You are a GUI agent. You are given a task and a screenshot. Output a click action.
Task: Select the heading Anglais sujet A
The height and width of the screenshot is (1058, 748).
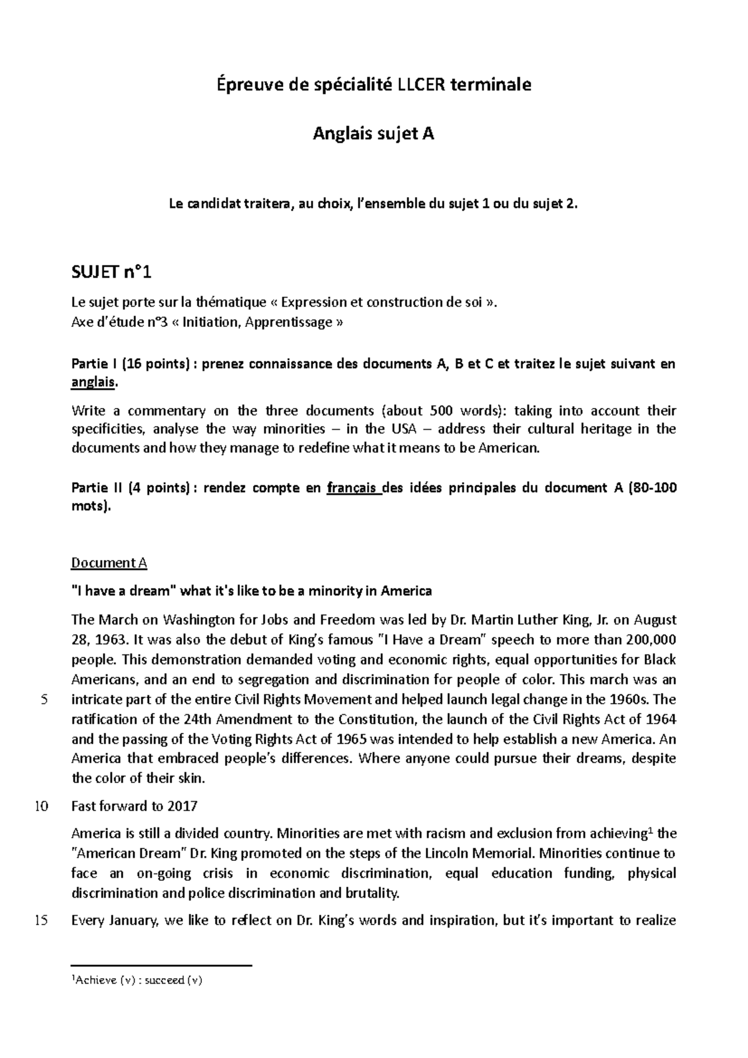coord(373,133)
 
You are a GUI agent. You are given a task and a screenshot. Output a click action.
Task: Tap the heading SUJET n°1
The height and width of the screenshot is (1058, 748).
coord(112,273)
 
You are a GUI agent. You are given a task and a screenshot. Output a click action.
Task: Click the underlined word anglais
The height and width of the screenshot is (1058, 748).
coord(93,382)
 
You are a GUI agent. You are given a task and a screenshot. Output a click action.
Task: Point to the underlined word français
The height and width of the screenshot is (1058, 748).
coord(354,488)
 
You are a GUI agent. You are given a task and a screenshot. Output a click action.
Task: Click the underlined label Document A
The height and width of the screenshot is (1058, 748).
coord(109,563)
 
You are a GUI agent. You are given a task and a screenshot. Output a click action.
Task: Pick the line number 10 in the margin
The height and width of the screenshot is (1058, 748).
coord(41,806)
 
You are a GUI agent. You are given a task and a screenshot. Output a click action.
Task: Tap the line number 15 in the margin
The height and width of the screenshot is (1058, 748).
coord(41,920)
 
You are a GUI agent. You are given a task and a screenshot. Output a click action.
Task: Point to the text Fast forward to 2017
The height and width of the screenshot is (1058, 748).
coord(134,806)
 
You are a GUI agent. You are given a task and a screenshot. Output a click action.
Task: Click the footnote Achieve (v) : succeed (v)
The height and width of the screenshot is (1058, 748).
coord(137,980)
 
